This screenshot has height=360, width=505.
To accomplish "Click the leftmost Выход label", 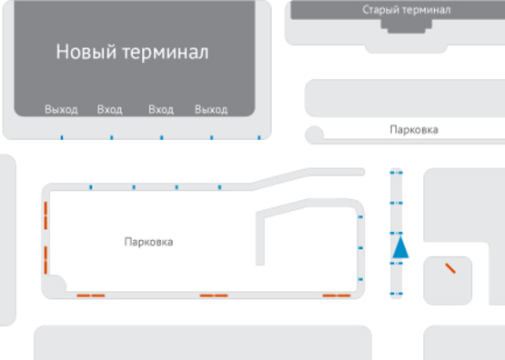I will point(61,110).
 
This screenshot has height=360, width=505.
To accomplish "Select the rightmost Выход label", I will point(211,110).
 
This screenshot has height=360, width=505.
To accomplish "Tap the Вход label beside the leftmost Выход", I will point(110,110).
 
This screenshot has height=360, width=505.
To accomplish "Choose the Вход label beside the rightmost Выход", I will point(161,110).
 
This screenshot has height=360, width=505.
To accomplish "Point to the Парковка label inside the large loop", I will point(148,243).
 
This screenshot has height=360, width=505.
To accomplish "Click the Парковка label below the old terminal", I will point(413,130).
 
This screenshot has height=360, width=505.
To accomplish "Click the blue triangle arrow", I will point(401,246).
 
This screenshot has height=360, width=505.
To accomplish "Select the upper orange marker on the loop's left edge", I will point(45,217).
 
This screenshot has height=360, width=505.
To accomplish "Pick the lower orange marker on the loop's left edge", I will point(45,257).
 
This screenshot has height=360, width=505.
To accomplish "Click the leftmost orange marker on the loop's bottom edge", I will point(90,295).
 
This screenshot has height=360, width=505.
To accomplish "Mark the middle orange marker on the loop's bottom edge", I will point(213,295).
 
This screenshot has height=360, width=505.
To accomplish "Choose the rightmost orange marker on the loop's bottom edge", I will point(337,295).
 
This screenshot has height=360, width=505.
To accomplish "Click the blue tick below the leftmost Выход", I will point(61,138).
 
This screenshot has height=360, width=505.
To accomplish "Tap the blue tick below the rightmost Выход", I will point(211,138).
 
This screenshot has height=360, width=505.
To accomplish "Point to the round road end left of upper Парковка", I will point(315,135).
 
